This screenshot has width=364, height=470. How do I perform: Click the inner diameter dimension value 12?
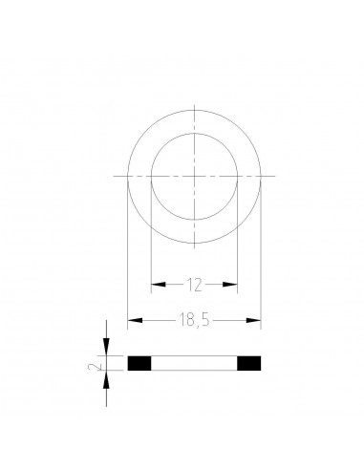[195, 284]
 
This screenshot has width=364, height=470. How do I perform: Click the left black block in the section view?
[139, 363]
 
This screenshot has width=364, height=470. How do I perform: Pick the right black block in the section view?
[249, 363]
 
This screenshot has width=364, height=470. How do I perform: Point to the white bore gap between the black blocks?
[195, 363]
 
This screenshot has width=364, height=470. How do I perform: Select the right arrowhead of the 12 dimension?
[232, 284]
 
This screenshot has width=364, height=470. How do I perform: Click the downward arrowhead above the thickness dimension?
[106, 351]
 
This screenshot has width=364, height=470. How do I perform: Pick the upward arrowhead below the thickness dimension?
[106, 375]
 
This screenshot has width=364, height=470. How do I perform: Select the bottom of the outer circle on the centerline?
[195, 242]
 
